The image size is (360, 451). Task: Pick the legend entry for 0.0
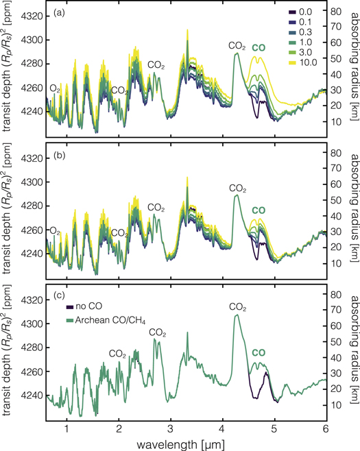(x=302, y=12)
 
